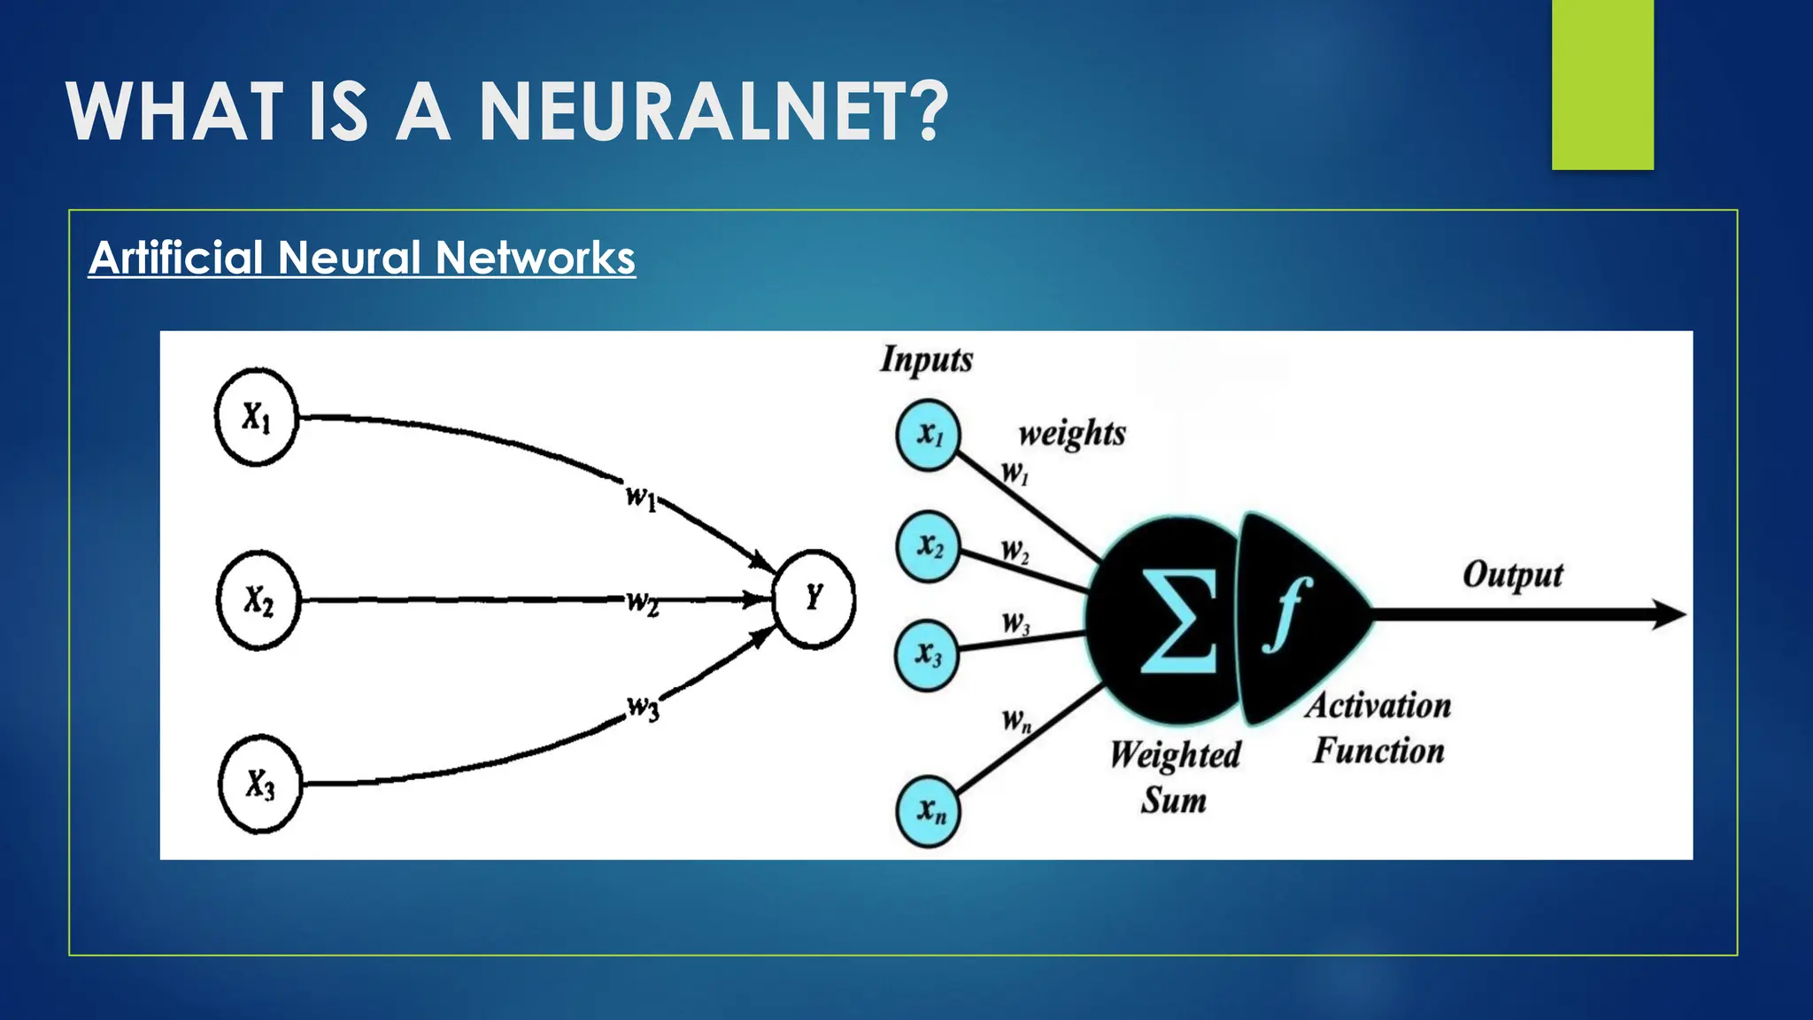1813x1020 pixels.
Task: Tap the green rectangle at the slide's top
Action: pos(1602,84)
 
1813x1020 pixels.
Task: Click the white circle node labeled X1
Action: pos(257,417)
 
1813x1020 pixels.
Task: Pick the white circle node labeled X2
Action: pos(258,600)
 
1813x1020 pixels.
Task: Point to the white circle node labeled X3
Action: pos(260,784)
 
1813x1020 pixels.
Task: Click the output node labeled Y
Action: pos(814,598)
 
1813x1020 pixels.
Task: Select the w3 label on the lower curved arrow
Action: pos(644,708)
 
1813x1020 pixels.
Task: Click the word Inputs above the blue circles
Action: pos(926,359)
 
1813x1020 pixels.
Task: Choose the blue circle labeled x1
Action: pos(929,435)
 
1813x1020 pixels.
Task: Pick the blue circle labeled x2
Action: pos(929,545)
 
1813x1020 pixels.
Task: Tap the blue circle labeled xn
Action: pos(929,810)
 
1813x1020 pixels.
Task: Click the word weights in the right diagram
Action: pos(1072,434)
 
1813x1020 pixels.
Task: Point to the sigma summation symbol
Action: pos(1178,622)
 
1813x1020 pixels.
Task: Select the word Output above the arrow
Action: pos(1513,576)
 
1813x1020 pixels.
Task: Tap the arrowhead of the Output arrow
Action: pos(1669,614)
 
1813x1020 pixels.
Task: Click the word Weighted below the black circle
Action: pos(1176,755)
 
